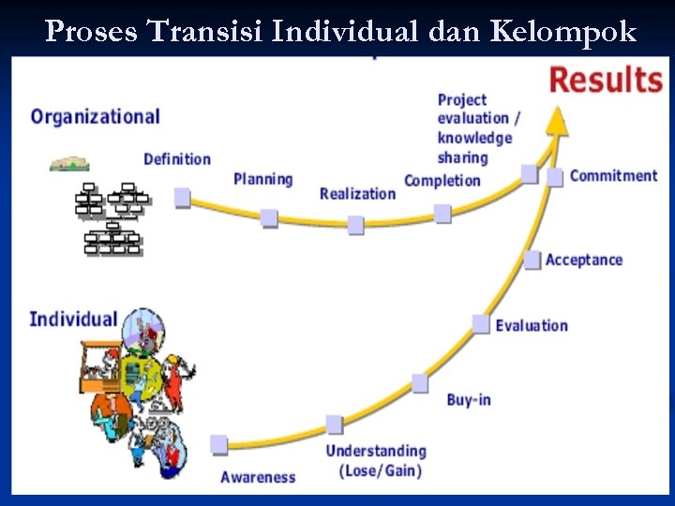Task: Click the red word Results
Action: (605, 80)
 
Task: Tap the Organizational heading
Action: (95, 117)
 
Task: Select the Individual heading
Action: (73, 319)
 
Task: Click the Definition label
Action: (177, 159)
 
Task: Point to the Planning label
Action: (262, 179)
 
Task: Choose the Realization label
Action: (357, 194)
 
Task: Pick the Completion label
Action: (442, 181)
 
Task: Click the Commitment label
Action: (613, 175)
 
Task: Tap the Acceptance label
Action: (583, 260)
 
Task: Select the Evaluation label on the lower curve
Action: (532, 325)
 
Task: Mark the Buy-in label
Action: (469, 400)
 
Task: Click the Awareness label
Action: (258, 477)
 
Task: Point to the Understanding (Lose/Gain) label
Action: (376, 461)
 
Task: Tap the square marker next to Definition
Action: (183, 197)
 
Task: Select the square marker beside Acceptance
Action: (532, 260)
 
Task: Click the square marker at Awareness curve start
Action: (219, 444)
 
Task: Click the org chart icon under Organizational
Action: (112, 219)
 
